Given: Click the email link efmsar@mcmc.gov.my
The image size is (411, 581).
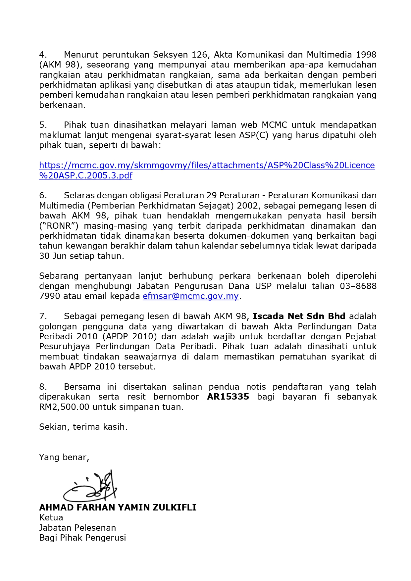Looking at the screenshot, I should click(190, 296).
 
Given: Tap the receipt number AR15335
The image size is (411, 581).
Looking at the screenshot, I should click(228, 397).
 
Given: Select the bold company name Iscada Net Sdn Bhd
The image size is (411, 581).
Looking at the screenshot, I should click(299, 316).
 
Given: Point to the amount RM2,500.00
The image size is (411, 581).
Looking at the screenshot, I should click(64, 407).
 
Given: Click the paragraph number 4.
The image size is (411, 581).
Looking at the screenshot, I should click(43, 55).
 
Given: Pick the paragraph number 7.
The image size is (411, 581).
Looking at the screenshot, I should click(43, 316).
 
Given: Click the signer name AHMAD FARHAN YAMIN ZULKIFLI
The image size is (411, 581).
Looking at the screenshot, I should click(118, 508).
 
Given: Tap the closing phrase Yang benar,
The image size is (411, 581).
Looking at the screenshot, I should click(64, 458).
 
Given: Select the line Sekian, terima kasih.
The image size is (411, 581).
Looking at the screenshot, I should click(83, 427).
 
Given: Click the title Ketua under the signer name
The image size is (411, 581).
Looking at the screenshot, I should click(51, 518).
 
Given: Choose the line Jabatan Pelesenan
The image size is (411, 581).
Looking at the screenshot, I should click(77, 528).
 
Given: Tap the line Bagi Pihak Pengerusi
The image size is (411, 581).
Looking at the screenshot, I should click(82, 538).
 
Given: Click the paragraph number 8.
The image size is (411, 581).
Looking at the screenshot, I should click(43, 387).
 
